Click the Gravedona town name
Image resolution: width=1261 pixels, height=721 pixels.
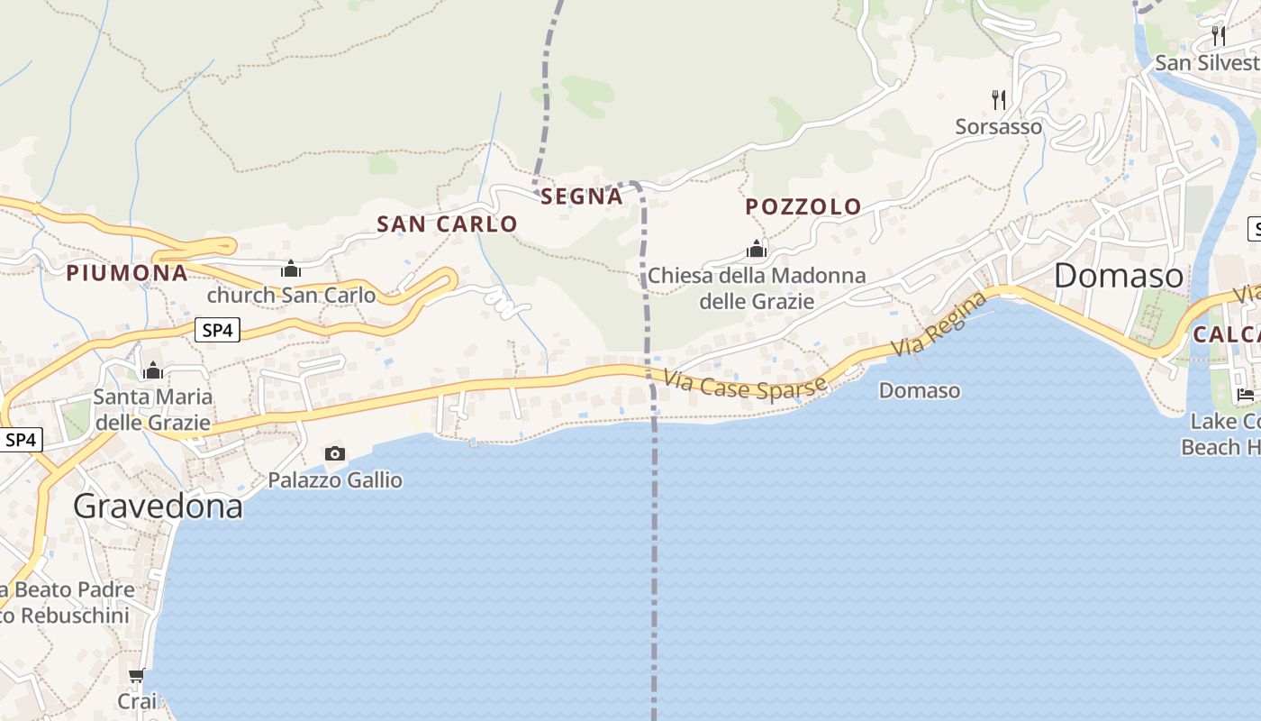(158, 507)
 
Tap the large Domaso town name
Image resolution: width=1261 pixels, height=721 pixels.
(1119, 276)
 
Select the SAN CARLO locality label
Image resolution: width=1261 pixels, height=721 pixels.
(447, 224)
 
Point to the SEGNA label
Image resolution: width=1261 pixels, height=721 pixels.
(582, 196)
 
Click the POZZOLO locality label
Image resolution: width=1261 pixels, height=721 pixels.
(803, 206)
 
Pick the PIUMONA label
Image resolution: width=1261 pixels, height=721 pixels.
(127, 273)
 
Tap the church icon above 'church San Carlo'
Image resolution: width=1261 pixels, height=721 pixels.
(291, 269)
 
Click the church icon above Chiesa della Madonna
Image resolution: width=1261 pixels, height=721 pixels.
(757, 249)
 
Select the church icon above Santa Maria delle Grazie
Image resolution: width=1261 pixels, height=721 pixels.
(153, 370)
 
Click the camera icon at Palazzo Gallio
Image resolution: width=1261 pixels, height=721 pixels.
(335, 453)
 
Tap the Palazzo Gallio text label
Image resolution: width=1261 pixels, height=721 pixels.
(335, 480)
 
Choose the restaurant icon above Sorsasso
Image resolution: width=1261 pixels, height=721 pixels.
(998, 99)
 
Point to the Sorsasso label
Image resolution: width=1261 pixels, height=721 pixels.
(998, 127)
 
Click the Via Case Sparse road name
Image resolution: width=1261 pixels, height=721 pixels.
(745, 386)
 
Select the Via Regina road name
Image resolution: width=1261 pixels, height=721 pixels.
(939, 324)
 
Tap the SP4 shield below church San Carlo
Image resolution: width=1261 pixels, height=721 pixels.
(217, 331)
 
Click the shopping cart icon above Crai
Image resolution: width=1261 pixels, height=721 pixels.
(137, 675)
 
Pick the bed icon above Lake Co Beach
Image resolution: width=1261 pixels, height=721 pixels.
(1246, 395)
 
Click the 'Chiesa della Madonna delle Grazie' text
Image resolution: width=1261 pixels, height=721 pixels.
(757, 288)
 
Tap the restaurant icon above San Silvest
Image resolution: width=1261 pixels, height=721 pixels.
(1218, 36)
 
